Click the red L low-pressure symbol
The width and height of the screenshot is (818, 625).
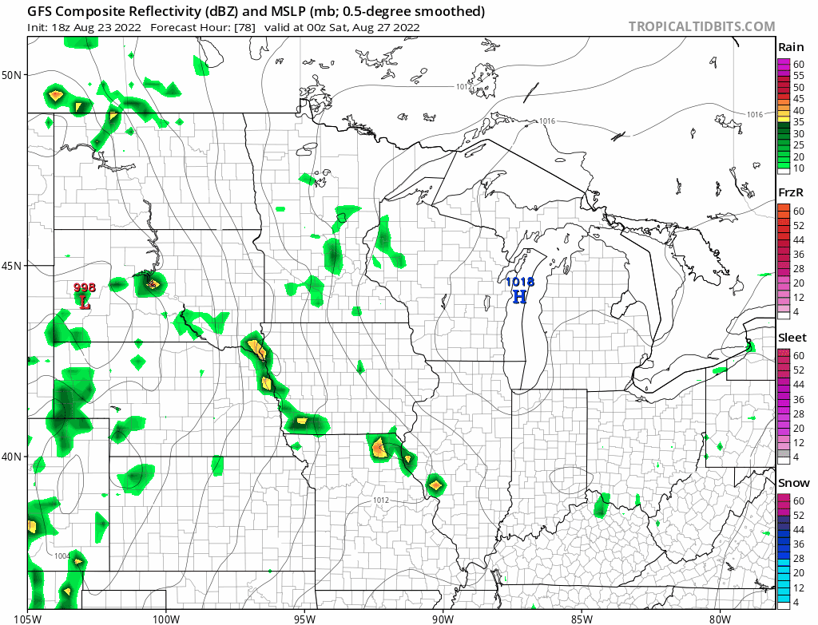(85, 302)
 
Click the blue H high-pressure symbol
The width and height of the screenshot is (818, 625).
(519, 297)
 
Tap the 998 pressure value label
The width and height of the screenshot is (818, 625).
(85, 287)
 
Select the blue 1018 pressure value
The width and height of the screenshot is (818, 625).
(519, 282)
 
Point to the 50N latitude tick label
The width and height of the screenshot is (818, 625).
(12, 75)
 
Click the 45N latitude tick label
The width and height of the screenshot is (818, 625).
(12, 266)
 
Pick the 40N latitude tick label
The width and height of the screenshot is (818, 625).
(12, 457)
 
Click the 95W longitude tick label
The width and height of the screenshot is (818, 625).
(304, 617)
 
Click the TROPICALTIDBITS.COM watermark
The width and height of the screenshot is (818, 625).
(701, 26)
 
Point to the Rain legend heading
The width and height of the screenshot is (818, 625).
(790, 48)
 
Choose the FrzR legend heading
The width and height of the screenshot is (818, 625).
(790, 193)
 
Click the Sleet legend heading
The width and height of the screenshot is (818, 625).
(792, 338)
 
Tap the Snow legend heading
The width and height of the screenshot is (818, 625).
(793, 483)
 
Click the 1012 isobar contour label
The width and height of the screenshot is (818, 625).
(380, 500)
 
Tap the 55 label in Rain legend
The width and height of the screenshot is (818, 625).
(798, 75)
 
